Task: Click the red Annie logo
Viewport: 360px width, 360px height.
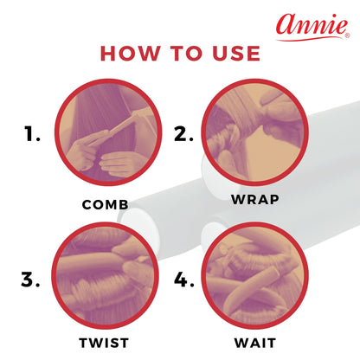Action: pyautogui.click(x=313, y=27)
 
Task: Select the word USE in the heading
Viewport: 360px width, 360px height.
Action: pyautogui.click(x=236, y=54)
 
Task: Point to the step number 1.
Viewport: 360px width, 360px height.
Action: pyautogui.click(x=32, y=134)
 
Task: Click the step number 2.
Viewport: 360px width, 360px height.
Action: pyautogui.click(x=183, y=134)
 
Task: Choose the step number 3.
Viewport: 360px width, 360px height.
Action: pyautogui.click(x=30, y=280)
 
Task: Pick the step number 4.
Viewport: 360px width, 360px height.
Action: pyautogui.click(x=183, y=280)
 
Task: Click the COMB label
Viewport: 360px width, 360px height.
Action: pyautogui.click(x=105, y=205)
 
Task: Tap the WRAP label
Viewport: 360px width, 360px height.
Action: pyautogui.click(x=255, y=200)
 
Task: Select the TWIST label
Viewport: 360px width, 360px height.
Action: pyautogui.click(x=104, y=343)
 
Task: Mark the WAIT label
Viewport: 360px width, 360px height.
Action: pyautogui.click(x=255, y=343)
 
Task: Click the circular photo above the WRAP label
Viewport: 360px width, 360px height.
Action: pyautogui.click(x=254, y=132)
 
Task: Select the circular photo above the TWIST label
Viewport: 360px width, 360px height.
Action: pyautogui.click(x=105, y=275)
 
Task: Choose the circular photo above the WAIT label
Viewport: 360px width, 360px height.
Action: pyautogui.click(x=254, y=275)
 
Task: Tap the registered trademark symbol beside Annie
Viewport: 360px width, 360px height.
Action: pyautogui.click(x=348, y=35)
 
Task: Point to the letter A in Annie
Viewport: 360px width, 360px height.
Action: pyautogui.click(x=287, y=24)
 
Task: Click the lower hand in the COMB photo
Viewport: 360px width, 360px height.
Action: pyautogui.click(x=119, y=164)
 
